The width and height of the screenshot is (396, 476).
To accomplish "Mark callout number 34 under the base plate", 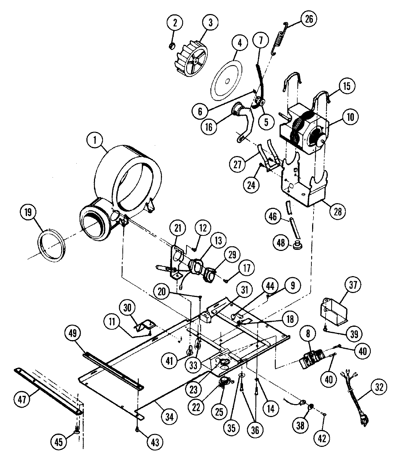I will (170, 417).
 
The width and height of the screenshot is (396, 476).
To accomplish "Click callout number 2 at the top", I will (175, 23).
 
